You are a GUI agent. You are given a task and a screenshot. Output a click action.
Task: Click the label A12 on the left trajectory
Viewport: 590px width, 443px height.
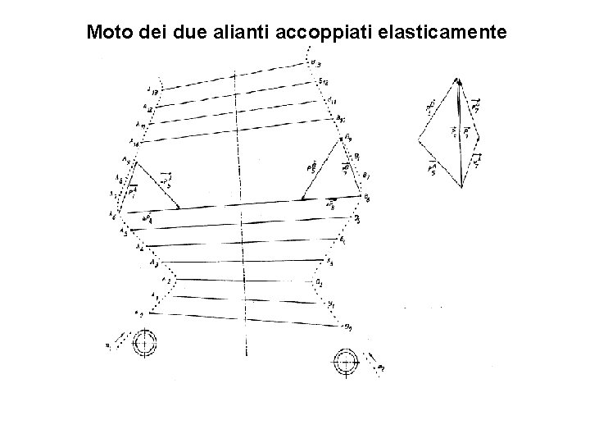(147, 107)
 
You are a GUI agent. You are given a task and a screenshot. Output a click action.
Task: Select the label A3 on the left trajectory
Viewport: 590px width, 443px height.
(155, 262)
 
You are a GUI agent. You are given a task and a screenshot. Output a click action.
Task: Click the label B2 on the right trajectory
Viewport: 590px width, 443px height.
(319, 283)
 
